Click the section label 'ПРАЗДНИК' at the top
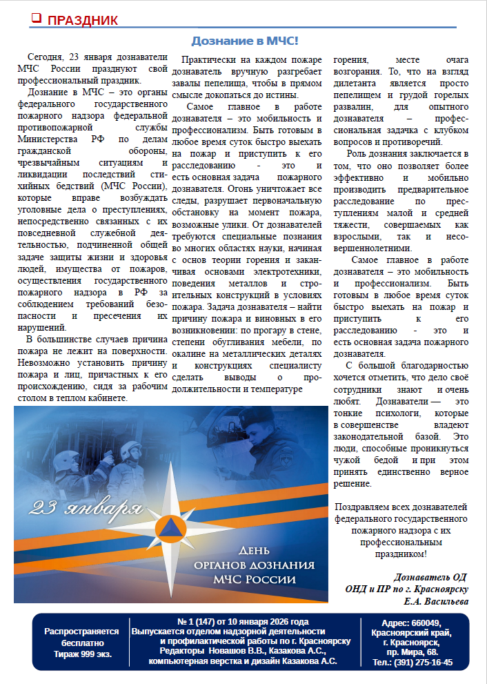pyautogui.click(x=82, y=20)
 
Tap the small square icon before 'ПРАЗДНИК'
pyautogui.click(x=37, y=19)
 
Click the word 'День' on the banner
pyautogui.click(x=252, y=550)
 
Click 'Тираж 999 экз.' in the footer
pyautogui.click(x=77, y=653)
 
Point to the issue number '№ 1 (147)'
pyautogui.click(x=200, y=621)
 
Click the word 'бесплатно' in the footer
pyautogui.click(x=77, y=642)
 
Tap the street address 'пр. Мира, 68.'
pyautogui.click(x=412, y=652)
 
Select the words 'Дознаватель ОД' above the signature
pyautogui.click(x=430, y=577)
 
